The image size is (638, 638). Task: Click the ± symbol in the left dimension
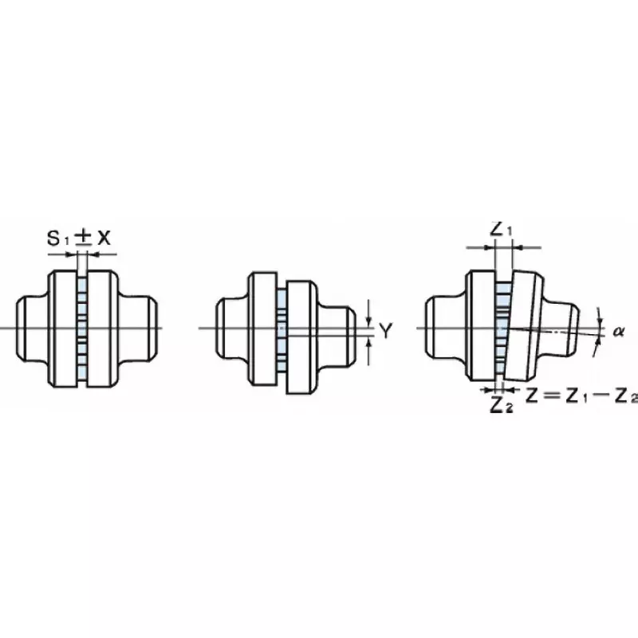tap(84, 238)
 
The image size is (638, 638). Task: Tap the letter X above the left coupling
tap(104, 238)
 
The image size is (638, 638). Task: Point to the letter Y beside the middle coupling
tap(385, 330)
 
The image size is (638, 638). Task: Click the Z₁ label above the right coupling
tap(501, 230)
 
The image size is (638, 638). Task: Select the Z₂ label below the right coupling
tap(502, 404)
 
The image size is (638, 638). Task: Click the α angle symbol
tap(619, 332)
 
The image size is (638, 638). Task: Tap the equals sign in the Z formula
tap(552, 395)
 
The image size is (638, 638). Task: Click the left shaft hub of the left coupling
tap(33, 328)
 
